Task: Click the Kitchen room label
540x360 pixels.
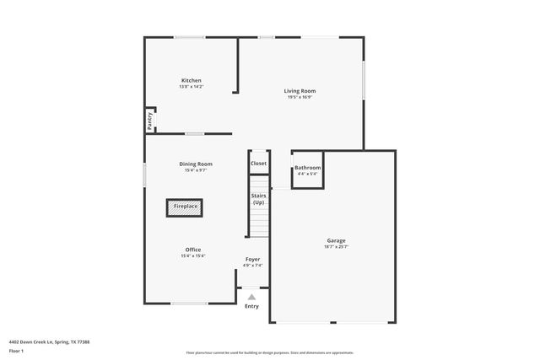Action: click(191, 80)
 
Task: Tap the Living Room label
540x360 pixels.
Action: click(300, 90)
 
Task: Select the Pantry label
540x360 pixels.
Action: click(150, 120)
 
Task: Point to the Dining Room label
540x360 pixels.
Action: click(196, 164)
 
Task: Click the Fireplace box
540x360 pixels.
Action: click(186, 207)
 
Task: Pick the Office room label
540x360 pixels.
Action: click(193, 250)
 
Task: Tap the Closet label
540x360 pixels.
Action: click(258, 164)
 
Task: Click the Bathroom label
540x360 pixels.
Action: click(307, 168)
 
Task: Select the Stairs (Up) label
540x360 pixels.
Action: click(258, 199)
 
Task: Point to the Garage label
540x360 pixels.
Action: click(336, 240)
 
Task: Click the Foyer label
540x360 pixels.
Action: click(253, 259)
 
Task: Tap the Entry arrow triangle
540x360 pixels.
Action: click(251, 296)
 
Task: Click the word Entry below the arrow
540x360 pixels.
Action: click(251, 305)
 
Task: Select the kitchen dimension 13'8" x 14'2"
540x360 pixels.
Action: click(191, 87)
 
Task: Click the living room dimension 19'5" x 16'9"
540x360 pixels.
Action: click(300, 97)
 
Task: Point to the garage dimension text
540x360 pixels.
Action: click(336, 247)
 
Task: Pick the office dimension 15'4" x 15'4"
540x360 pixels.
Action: click(193, 256)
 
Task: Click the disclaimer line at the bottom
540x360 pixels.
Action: click(270, 352)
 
